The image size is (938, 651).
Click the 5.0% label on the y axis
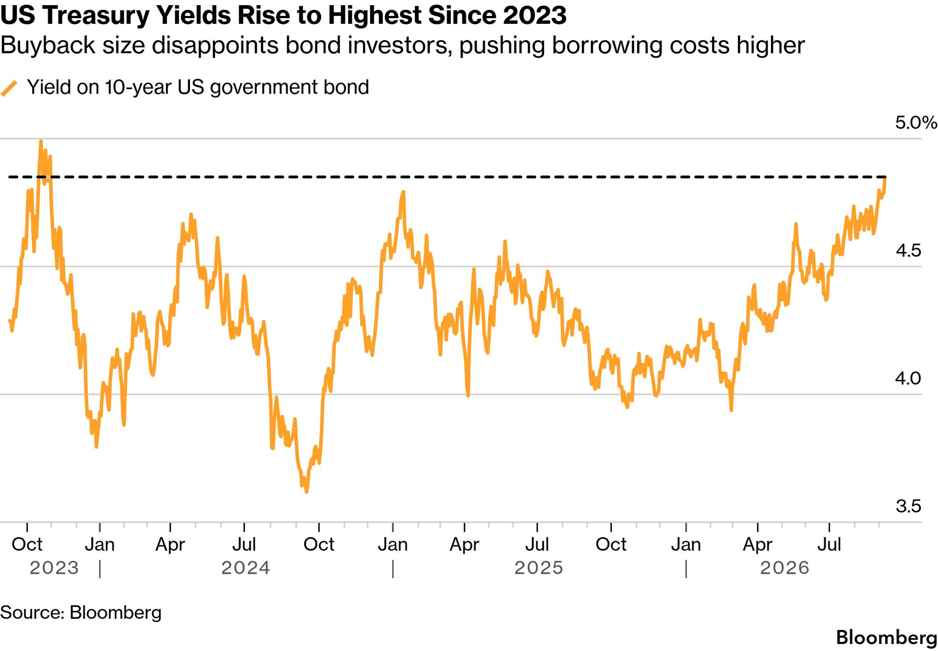coord(916,123)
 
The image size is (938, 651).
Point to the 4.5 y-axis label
coord(908,251)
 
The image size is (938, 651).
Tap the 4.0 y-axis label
coord(908,378)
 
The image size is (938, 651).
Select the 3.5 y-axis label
coord(908,506)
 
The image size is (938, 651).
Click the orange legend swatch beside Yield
coord(9,88)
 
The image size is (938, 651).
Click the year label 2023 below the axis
coord(54,568)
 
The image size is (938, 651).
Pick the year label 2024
coord(246,568)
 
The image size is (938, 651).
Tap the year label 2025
coord(539,568)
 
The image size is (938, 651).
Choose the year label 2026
coord(785,568)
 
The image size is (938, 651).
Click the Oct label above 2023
coord(27,544)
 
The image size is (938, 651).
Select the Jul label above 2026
coord(829,544)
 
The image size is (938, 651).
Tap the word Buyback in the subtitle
coord(48,46)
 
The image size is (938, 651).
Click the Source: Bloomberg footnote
coord(81,613)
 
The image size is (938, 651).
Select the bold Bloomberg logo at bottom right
coord(887,638)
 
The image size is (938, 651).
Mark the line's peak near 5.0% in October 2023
coord(41,141)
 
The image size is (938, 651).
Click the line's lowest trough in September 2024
coord(306,492)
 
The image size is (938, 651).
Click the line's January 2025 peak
coord(403,192)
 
